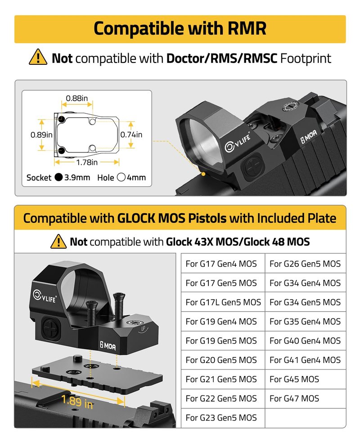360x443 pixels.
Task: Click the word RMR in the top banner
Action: (x=247, y=28)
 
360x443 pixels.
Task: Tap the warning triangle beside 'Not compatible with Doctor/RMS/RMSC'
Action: (x=38, y=57)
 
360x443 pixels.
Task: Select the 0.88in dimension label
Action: (x=76, y=98)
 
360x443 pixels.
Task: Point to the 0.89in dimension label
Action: (x=41, y=135)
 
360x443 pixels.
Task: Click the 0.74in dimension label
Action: (x=131, y=135)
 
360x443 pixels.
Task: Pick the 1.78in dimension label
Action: (x=87, y=162)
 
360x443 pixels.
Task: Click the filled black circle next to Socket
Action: (x=59, y=177)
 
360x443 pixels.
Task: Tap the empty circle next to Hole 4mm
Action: (x=121, y=177)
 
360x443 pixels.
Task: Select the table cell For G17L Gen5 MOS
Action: (x=223, y=302)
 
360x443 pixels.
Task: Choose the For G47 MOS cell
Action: (x=305, y=398)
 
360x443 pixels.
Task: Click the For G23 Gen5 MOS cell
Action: (x=223, y=418)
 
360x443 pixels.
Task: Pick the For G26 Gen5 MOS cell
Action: (x=305, y=264)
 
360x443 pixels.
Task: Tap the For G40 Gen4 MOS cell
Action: (x=305, y=341)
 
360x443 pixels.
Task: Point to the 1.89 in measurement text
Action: (x=77, y=402)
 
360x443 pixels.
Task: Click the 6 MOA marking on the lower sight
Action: (x=108, y=345)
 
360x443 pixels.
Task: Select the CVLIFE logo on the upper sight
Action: (x=237, y=143)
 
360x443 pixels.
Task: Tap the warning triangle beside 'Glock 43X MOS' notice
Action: (x=58, y=242)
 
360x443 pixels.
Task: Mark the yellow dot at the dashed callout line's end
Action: (x=203, y=175)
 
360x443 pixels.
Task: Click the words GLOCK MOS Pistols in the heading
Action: (x=172, y=218)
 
